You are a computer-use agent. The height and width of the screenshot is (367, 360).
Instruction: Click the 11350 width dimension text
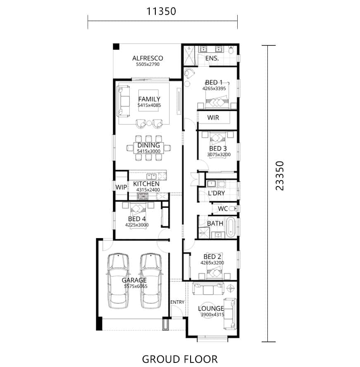click(161, 11)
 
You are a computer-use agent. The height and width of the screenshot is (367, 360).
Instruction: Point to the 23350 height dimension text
click(280, 176)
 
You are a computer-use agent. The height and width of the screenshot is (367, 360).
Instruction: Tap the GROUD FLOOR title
click(180, 359)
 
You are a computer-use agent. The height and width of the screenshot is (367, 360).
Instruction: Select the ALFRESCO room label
click(148, 58)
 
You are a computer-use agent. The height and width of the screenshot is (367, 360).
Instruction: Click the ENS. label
click(212, 58)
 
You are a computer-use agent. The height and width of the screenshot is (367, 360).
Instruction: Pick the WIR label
click(213, 117)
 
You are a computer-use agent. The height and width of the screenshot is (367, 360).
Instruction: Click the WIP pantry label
click(121, 187)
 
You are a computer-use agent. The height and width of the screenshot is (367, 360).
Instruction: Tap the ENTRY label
click(177, 302)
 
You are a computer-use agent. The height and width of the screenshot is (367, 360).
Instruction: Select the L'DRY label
click(216, 193)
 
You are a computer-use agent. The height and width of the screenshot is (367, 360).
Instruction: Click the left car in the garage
click(118, 281)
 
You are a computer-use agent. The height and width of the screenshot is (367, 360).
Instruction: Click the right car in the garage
click(151, 281)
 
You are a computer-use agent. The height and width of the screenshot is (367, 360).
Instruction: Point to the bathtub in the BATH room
click(231, 227)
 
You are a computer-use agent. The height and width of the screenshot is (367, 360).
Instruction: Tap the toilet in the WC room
click(232, 208)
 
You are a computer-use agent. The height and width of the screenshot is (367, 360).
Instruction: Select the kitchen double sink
click(151, 176)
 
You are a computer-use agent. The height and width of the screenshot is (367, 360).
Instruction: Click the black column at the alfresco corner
click(116, 47)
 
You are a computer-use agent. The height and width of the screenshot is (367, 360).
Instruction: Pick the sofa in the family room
click(123, 101)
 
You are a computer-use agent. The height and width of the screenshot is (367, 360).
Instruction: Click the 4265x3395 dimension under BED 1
click(214, 88)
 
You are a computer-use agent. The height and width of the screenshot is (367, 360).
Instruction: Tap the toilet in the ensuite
click(231, 50)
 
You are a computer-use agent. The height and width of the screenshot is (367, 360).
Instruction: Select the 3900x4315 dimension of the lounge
click(212, 315)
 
